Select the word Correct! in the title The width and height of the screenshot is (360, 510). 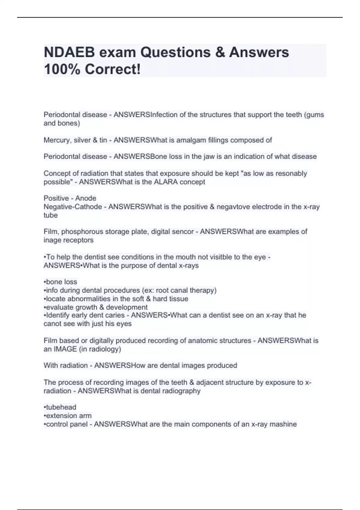point(112,69)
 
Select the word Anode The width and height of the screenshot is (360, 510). point(86,198)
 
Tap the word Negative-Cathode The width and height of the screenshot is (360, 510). point(73,207)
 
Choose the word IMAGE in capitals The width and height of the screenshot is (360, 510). point(65,349)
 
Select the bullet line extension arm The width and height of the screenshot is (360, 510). point(68,415)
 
